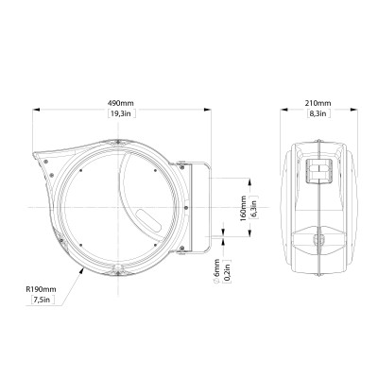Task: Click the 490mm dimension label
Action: (121, 103)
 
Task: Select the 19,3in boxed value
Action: (122, 113)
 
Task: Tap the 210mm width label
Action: (318, 103)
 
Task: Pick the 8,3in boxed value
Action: (318, 113)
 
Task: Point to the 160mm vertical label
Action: (243, 208)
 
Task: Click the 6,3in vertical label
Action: (254, 207)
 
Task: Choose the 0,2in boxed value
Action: (227, 271)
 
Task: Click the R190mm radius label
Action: (41, 289)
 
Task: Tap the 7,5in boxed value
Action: (43, 300)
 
